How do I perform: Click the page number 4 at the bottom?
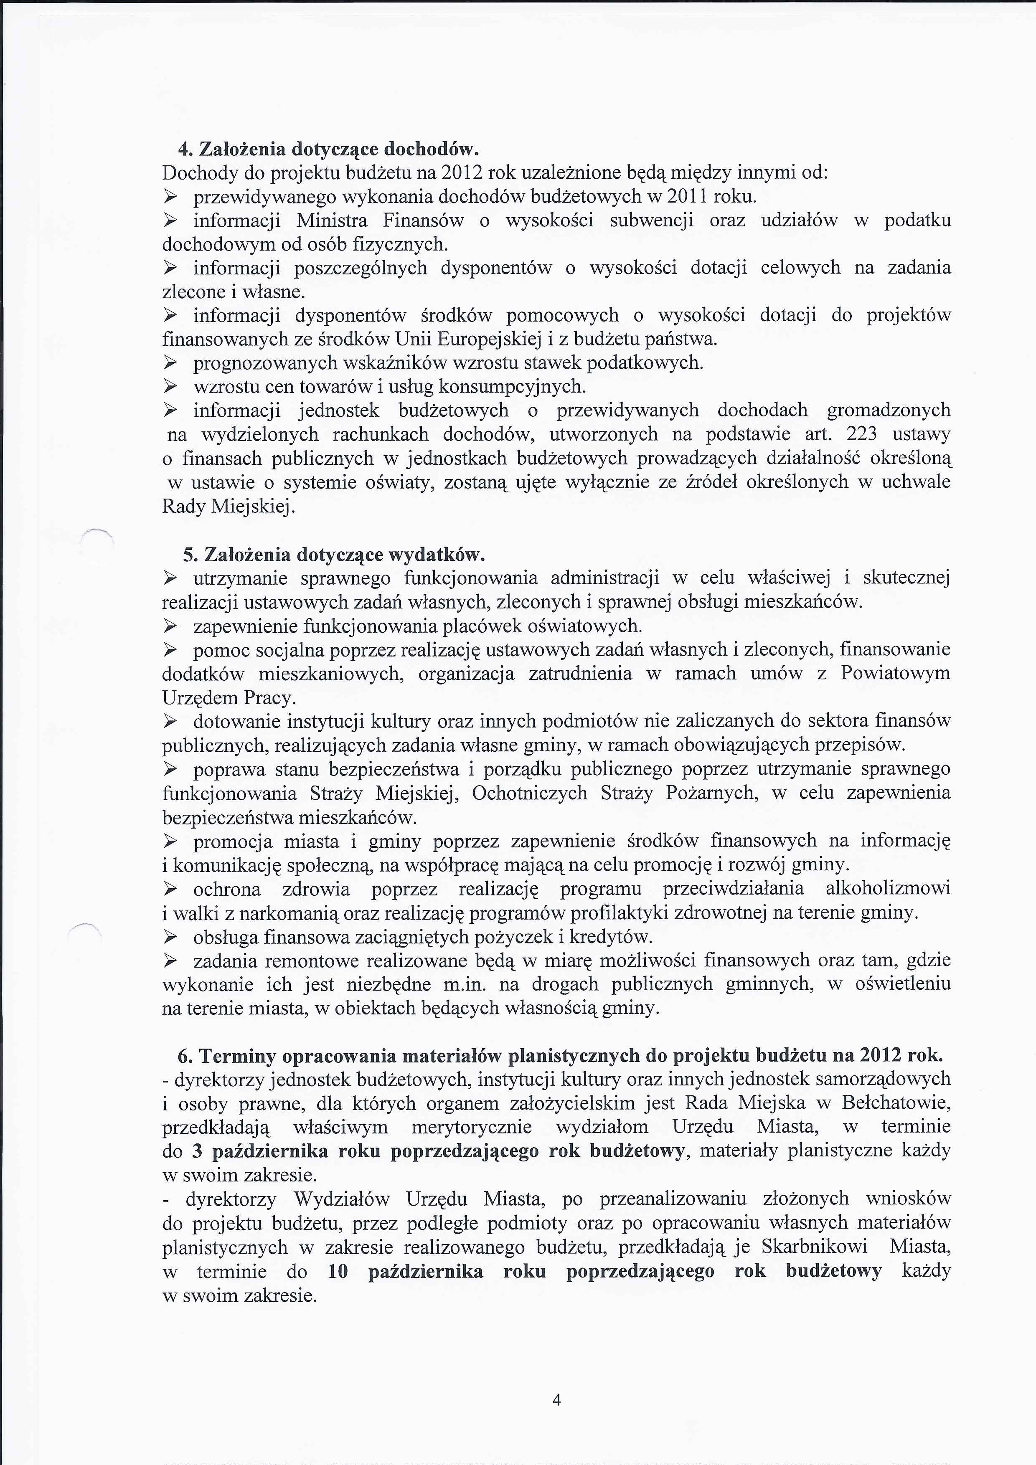(556, 1395)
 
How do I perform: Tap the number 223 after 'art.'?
(861, 434)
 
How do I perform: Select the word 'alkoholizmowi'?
(888, 889)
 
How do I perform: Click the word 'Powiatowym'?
(896, 674)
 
